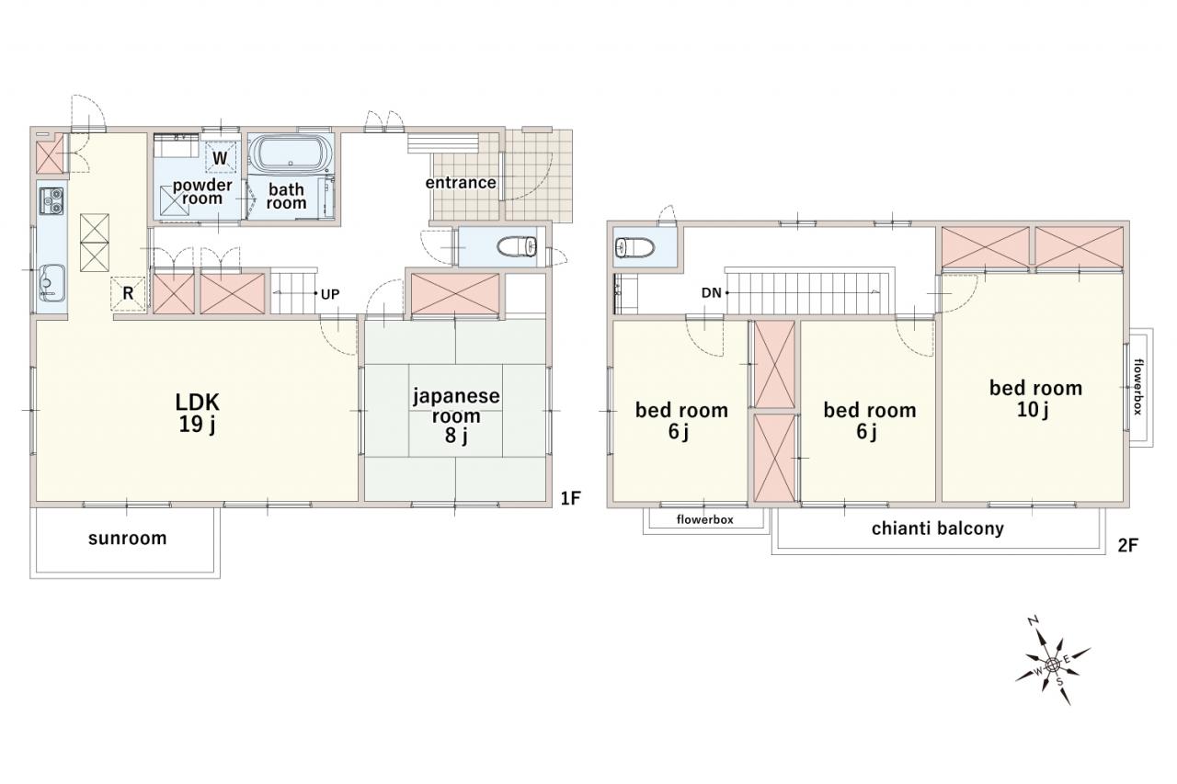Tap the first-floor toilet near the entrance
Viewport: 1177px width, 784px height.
pyautogui.click(x=517, y=247)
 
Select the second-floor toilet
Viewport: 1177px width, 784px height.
pyautogui.click(x=634, y=247)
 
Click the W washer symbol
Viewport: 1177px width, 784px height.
pyautogui.click(x=220, y=157)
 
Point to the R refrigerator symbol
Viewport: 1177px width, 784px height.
pyautogui.click(x=128, y=293)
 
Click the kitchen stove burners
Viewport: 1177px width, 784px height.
pyautogui.click(x=51, y=201)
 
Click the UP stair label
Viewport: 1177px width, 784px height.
pyautogui.click(x=330, y=295)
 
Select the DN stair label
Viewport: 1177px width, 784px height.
pyautogui.click(x=712, y=293)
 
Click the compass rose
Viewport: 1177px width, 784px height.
pyautogui.click(x=1052, y=665)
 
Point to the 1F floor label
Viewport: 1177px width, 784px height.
pyautogui.click(x=570, y=498)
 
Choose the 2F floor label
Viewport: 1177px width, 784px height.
pyautogui.click(x=1127, y=546)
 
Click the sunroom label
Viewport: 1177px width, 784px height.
pyautogui.click(x=127, y=538)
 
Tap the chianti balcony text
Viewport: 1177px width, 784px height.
pyautogui.click(x=937, y=528)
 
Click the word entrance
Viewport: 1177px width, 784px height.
pyautogui.click(x=461, y=183)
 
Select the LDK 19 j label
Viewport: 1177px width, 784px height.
pyautogui.click(x=197, y=414)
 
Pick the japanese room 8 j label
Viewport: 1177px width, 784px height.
pyautogui.click(x=456, y=415)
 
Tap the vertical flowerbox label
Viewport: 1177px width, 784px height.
pyautogui.click(x=1138, y=387)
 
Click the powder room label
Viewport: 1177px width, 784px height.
pyautogui.click(x=202, y=192)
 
